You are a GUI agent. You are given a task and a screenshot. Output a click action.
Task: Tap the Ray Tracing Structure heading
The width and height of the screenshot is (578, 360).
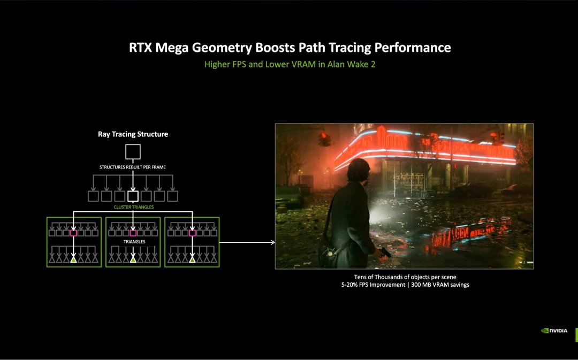pyautogui.click(x=133, y=134)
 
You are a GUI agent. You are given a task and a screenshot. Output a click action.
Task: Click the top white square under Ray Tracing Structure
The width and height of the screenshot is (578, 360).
pyautogui.click(x=133, y=152)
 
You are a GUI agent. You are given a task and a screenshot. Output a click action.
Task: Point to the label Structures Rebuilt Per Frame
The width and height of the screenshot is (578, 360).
pyautogui.click(x=133, y=167)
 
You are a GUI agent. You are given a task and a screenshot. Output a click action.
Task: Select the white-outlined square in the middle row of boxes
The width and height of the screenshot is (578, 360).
pyautogui.click(x=133, y=196)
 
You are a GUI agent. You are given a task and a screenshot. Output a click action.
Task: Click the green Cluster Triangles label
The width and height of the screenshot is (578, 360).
pyautogui.click(x=133, y=206)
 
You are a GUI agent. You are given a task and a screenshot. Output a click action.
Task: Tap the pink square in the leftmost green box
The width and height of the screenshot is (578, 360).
pyautogui.click(x=74, y=233)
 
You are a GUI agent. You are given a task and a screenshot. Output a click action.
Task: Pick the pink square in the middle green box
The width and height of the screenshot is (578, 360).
pyautogui.click(x=133, y=233)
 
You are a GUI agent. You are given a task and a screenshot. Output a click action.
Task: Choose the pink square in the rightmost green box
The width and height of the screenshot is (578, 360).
pyautogui.click(x=192, y=233)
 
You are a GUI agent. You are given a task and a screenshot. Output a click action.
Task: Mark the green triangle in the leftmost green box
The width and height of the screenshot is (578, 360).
pyautogui.click(x=74, y=259)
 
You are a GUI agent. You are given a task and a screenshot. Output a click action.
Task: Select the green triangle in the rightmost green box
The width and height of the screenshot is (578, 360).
pyautogui.click(x=192, y=259)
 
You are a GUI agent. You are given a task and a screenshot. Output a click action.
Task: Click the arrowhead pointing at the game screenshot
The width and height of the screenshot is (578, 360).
pyautogui.click(x=272, y=242)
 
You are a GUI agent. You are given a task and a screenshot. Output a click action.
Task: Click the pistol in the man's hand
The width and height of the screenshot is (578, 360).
pyautogui.click(x=385, y=252)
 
